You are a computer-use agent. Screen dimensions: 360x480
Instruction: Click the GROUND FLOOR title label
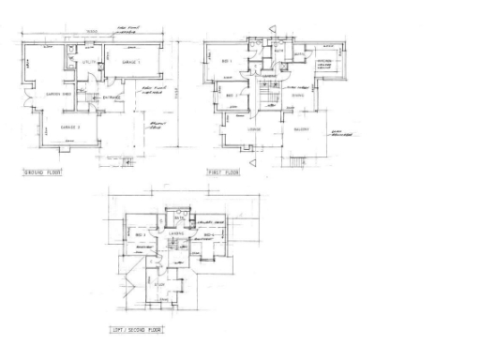42,174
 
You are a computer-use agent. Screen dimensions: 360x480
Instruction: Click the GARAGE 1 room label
130,62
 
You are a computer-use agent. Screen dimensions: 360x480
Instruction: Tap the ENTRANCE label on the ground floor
112,97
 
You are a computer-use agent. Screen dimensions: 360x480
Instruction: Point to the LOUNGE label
253,127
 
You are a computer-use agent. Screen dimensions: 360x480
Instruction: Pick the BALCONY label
302,127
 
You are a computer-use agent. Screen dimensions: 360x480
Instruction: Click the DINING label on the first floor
297,95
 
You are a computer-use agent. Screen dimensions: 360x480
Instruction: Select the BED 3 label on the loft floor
139,234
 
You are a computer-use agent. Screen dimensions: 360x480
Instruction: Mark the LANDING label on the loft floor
175,234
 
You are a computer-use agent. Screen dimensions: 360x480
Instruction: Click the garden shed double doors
29,97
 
